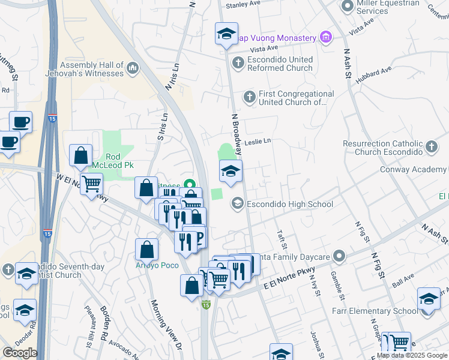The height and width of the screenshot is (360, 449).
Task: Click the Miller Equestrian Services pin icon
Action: (346, 7)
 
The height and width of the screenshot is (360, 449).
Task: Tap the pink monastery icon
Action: (325, 38)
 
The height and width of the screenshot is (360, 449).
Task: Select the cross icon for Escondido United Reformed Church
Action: (238, 61)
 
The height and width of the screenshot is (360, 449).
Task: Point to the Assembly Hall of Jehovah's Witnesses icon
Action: (133, 70)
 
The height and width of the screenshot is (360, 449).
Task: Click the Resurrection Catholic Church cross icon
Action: (431, 146)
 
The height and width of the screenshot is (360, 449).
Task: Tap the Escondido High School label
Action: (289, 205)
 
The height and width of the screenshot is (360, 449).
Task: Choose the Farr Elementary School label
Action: (375, 311)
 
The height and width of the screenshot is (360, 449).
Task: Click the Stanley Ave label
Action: (243, 4)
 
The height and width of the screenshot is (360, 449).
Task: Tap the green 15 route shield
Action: (206, 305)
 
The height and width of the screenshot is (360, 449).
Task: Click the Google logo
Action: (20, 353)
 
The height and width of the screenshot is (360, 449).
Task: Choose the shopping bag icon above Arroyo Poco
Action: (147, 250)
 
